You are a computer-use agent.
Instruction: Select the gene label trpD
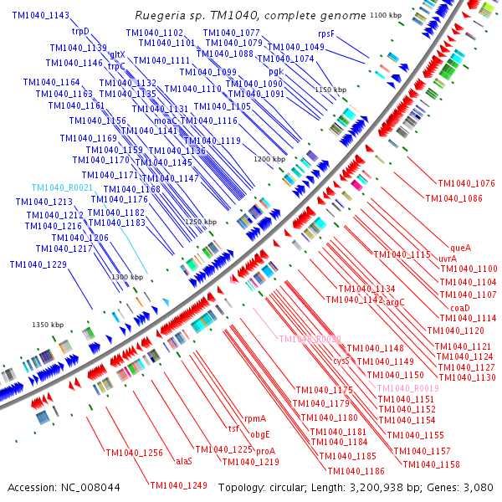[81, 31]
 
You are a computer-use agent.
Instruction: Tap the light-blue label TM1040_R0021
[63, 188]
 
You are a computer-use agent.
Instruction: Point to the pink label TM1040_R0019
[408, 389]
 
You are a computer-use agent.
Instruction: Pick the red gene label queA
[461, 248]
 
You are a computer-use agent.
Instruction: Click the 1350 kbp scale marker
[48, 325]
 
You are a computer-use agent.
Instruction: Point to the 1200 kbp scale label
[269, 158]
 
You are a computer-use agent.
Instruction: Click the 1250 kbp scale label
[201, 222]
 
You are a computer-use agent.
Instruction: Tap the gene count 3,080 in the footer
[475, 487]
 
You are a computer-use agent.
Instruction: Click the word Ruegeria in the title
[159, 16]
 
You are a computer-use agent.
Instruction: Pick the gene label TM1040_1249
[179, 485]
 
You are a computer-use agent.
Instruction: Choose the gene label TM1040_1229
[38, 264]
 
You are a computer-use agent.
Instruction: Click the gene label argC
[395, 302]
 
